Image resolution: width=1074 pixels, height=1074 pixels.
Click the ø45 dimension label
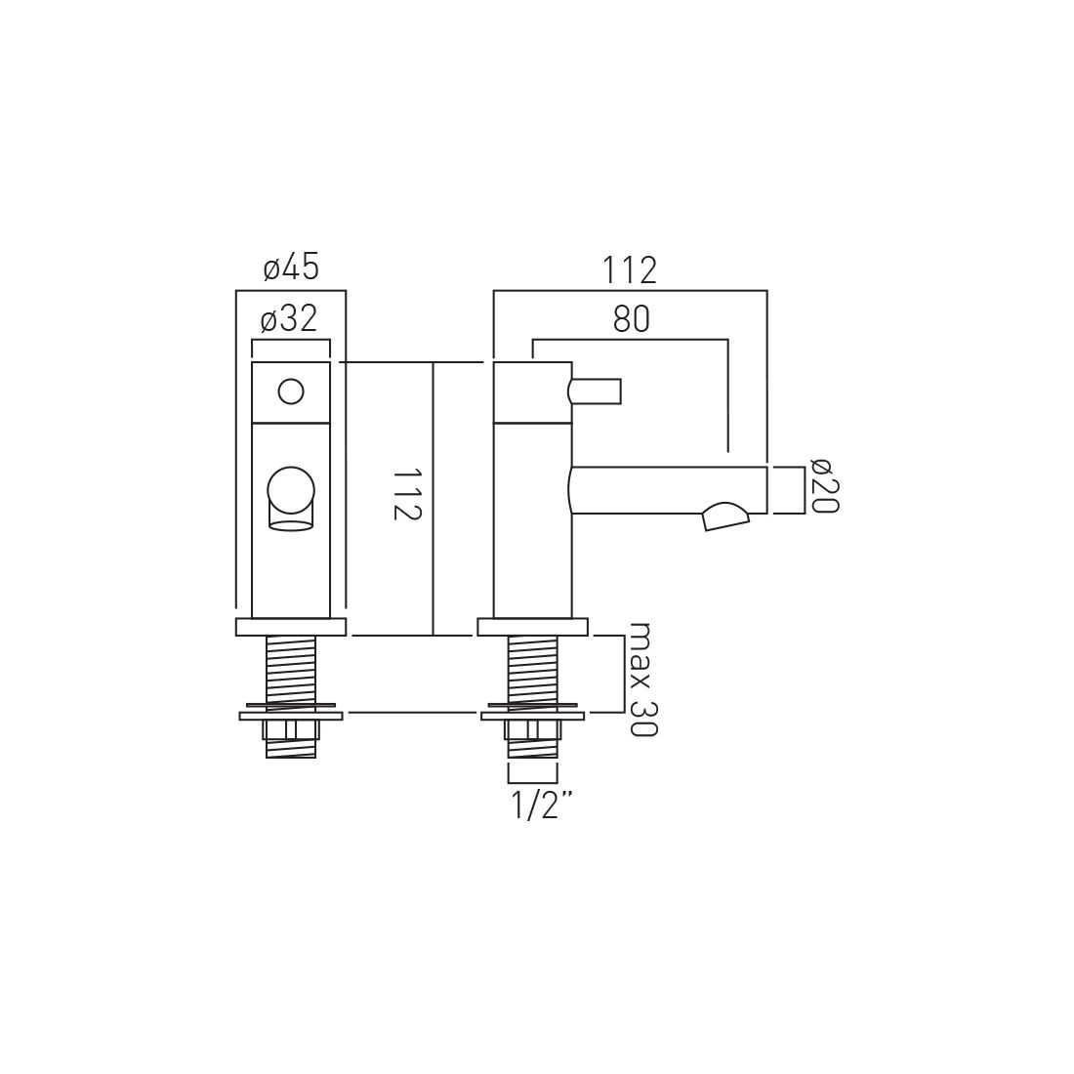coord(291,268)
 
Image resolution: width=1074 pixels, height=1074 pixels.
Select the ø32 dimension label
coord(289,318)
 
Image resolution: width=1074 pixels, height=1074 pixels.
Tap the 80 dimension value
coord(631,319)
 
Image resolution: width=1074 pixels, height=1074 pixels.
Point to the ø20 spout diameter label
coord(825,485)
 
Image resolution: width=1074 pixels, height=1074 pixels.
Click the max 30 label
coord(642,679)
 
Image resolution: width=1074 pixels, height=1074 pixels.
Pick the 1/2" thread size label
coord(541,806)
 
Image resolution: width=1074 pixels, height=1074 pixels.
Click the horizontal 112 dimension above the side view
coord(630,270)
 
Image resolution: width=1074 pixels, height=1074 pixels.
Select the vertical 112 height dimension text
coord(406,495)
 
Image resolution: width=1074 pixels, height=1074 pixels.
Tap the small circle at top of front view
coord(290,392)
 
